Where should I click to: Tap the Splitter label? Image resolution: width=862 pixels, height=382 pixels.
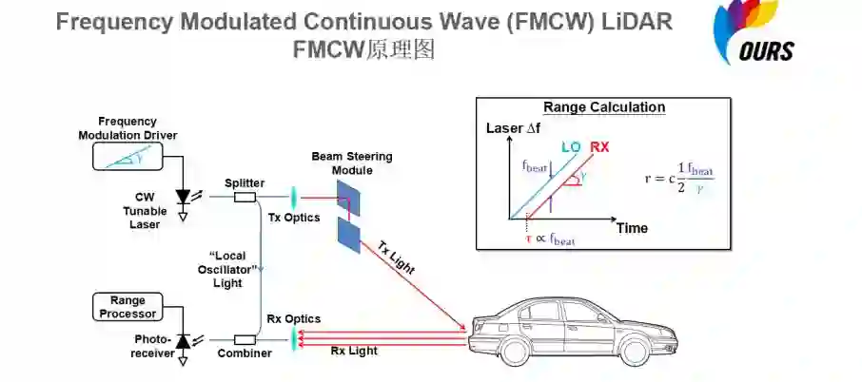(x=245, y=181)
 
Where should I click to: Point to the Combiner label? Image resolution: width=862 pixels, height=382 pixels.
(x=245, y=353)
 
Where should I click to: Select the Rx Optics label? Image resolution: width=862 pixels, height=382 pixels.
(x=292, y=318)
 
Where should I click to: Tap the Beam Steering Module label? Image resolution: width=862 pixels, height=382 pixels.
(x=351, y=162)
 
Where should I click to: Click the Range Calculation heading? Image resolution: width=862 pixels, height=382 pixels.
(x=603, y=107)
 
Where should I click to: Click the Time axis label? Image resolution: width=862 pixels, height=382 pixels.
(x=631, y=228)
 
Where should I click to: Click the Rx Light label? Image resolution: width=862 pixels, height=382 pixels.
(x=353, y=351)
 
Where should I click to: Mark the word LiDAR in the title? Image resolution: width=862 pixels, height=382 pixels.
(x=636, y=22)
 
